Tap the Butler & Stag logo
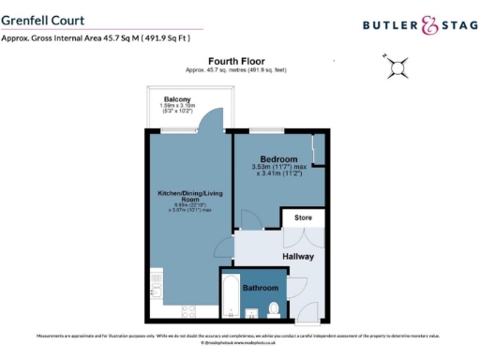[x=412, y=27]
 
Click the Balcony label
[x=178, y=99]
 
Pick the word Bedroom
[x=278, y=159]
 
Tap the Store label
[x=303, y=218]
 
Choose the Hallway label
[x=298, y=256]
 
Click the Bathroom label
[x=260, y=288]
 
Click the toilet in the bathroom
[x=274, y=307]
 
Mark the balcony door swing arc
[x=212, y=120]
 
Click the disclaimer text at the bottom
[x=240, y=336]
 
